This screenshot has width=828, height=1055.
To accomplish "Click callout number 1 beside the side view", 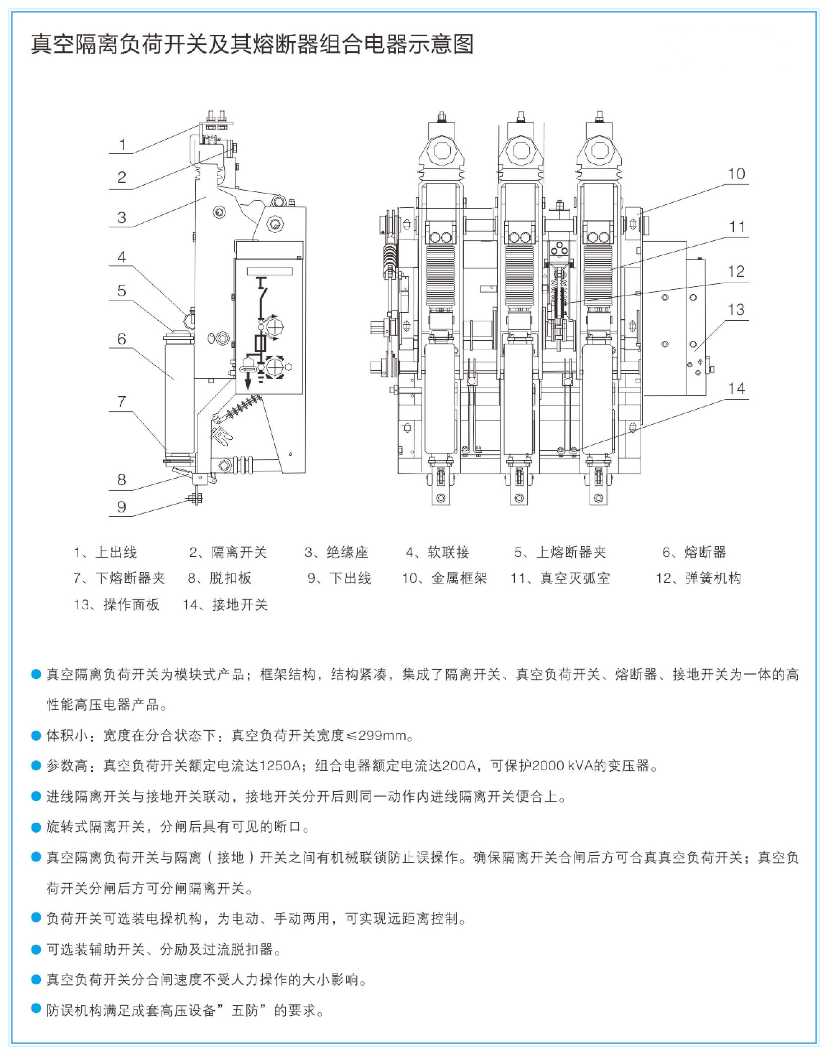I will [123, 144].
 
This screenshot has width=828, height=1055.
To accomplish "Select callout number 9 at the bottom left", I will [122, 507].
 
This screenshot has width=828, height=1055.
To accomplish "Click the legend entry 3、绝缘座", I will [336, 552].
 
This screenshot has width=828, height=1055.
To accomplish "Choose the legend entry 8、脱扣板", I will [220, 578].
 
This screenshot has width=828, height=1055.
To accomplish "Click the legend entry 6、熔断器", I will [694, 552].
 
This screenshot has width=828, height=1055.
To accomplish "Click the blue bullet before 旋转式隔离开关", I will [36, 827].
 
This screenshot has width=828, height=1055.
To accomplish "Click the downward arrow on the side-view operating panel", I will [248, 383].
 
